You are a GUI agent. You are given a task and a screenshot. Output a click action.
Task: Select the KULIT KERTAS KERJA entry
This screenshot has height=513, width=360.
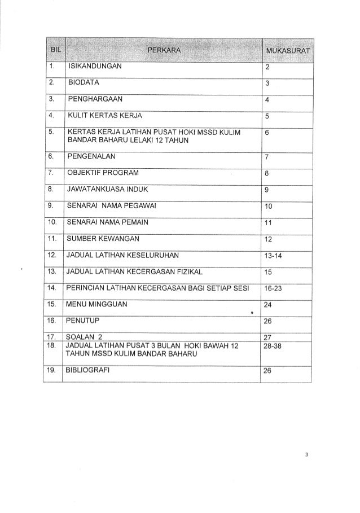coord(104,117)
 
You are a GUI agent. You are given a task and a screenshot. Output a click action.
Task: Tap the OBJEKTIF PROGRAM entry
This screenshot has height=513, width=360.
coord(102,172)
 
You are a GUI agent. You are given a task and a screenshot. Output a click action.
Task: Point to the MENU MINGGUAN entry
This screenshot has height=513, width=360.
coord(96,305)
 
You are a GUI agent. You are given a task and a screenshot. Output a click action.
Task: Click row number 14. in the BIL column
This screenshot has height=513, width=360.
coord(52,288)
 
